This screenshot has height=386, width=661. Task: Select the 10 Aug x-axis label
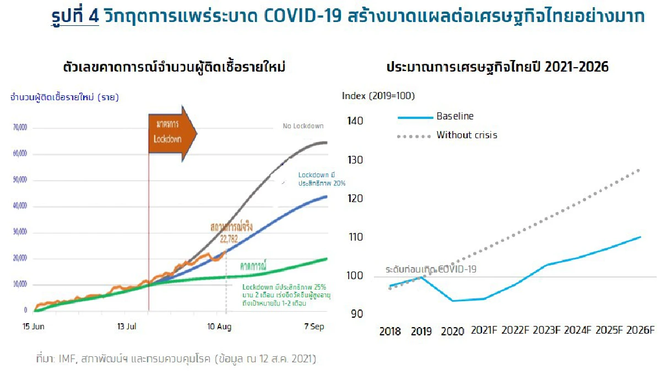(219, 327)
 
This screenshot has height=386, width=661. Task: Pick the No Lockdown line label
(303, 126)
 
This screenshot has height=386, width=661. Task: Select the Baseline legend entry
(454, 116)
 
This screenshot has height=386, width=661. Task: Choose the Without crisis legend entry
(467, 135)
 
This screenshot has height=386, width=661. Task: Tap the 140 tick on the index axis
(355, 121)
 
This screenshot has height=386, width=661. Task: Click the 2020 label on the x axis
(452, 331)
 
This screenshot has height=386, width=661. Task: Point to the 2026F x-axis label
(640, 330)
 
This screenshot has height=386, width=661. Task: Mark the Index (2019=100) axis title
(378, 96)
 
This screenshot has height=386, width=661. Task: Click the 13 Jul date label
(127, 327)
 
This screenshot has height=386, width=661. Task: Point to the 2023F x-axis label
(546, 330)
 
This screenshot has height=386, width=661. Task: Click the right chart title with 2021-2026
(497, 67)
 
